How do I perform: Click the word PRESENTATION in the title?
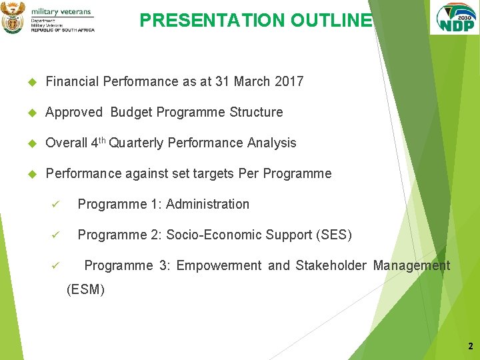(213, 21)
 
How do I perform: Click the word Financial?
(71, 81)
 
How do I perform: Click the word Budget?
(131, 112)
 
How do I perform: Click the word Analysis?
(271, 143)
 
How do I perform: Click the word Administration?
(207, 204)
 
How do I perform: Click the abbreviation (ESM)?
(86, 290)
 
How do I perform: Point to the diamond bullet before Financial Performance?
(30, 82)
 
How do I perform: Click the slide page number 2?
(470, 346)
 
